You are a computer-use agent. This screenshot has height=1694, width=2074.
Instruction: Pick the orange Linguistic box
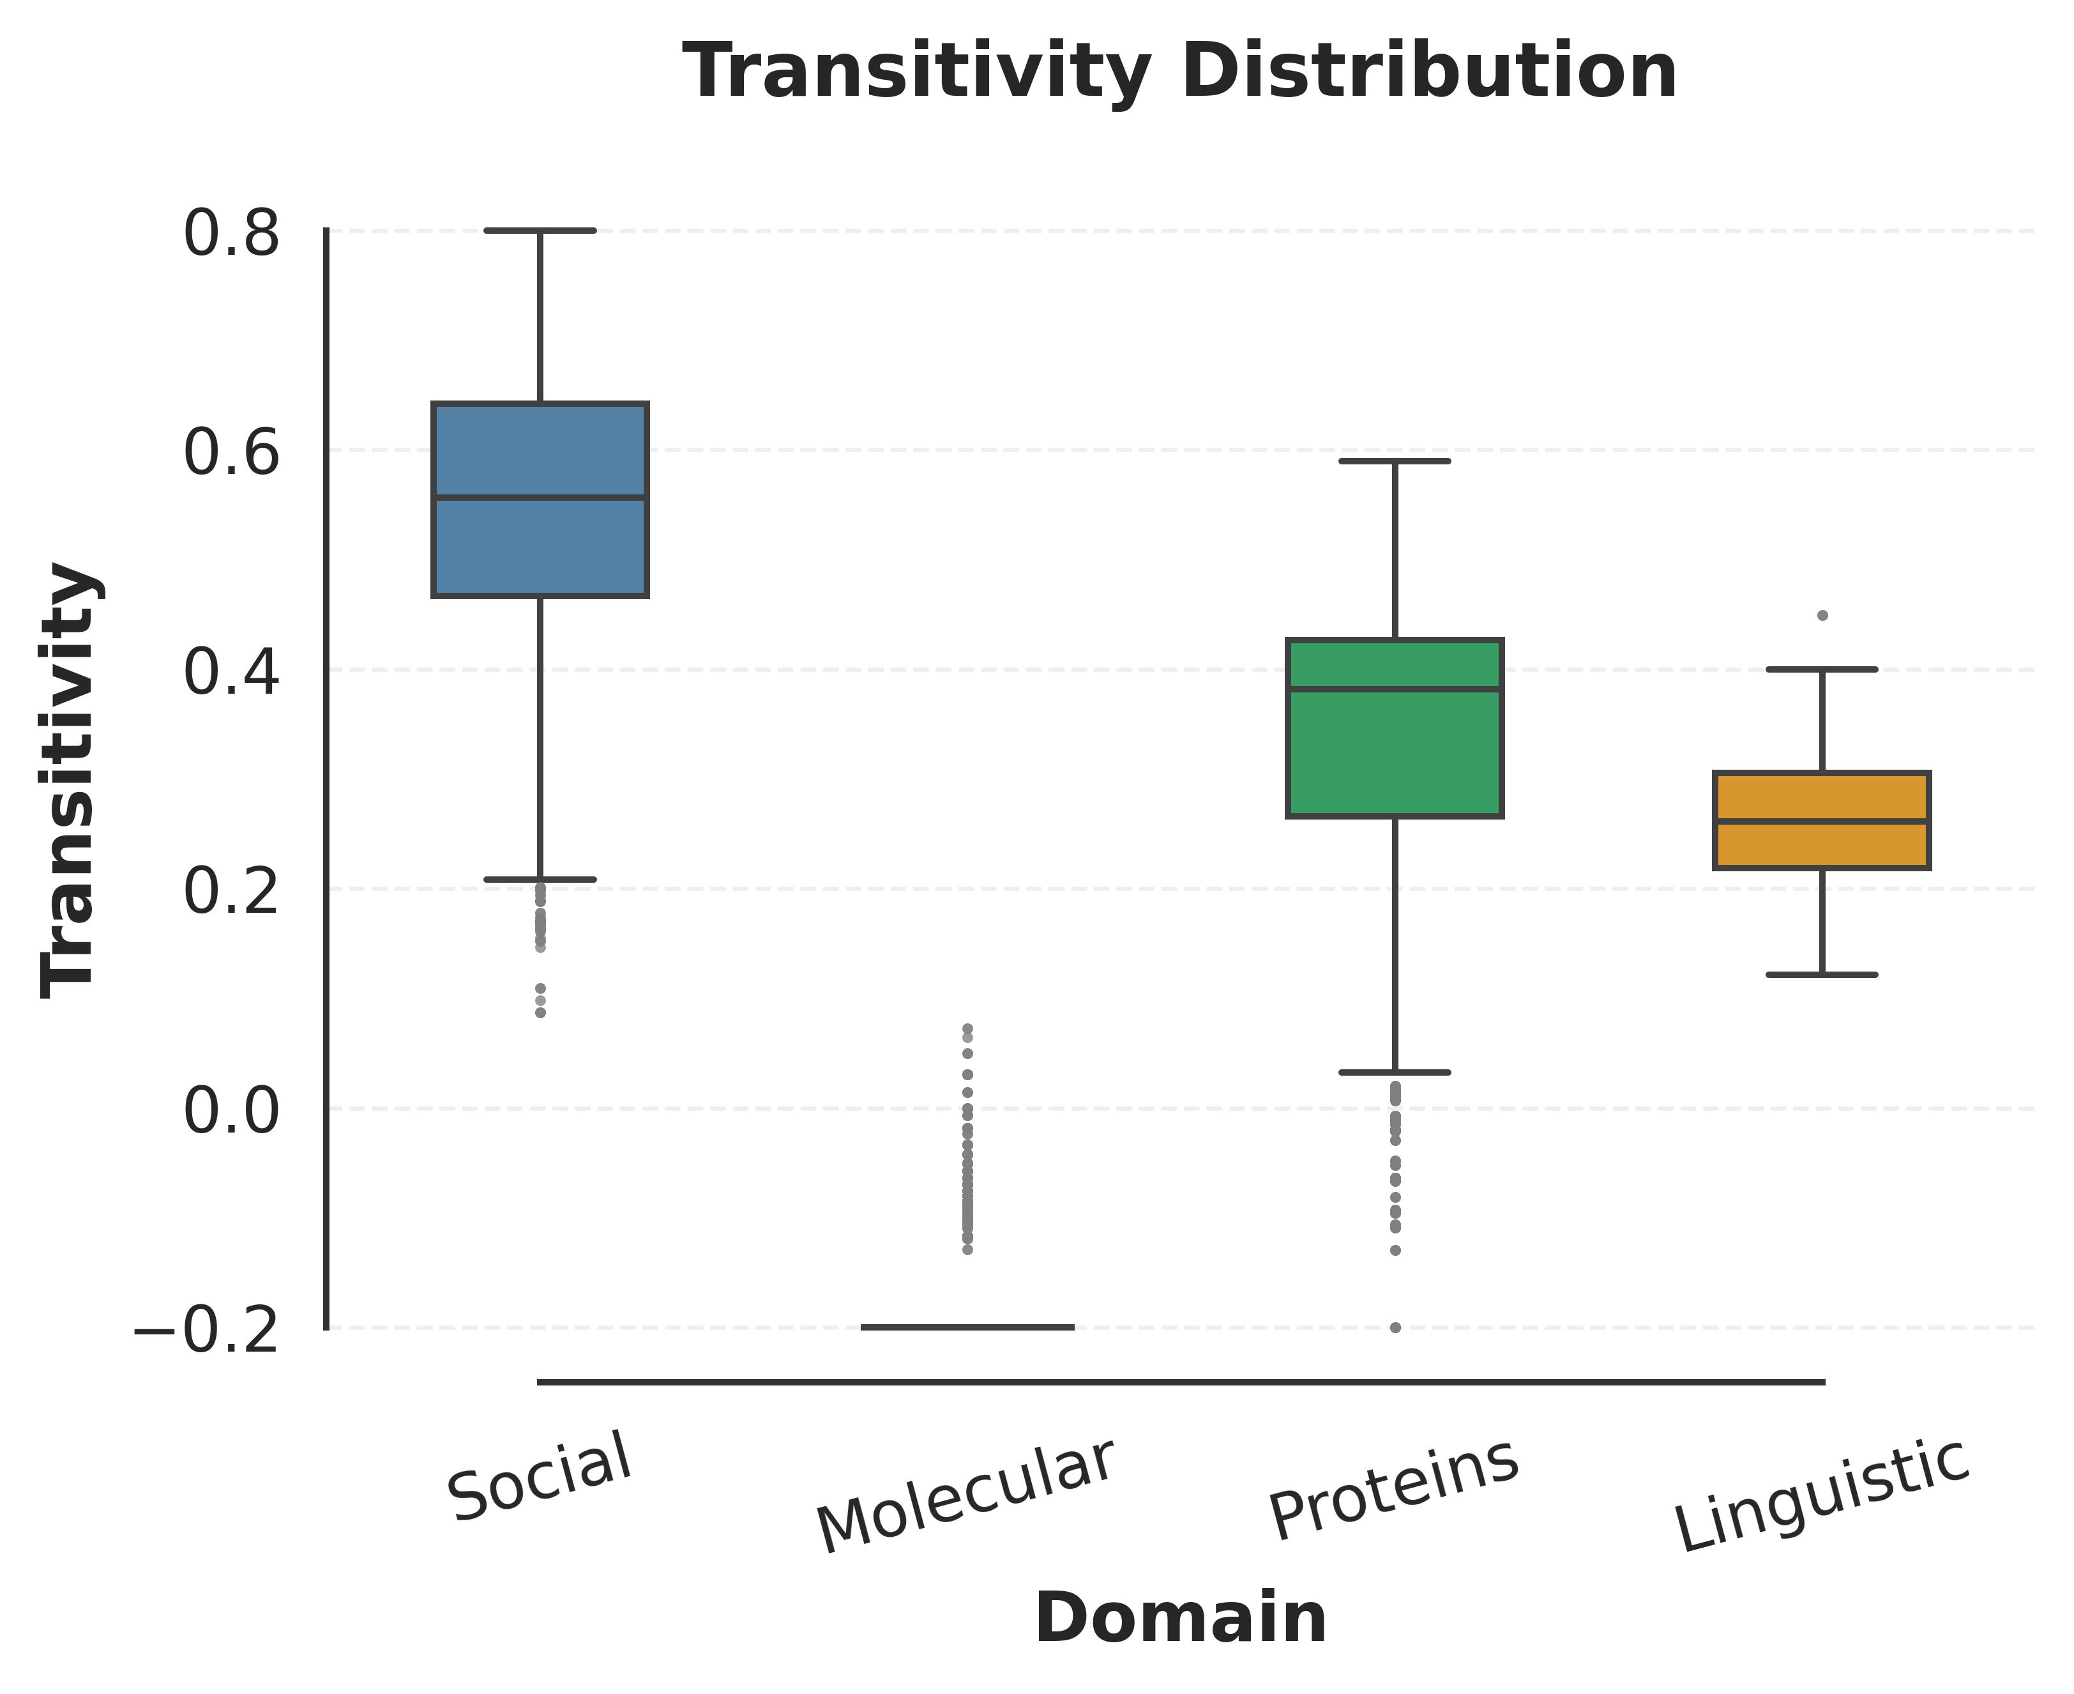coord(1821,844)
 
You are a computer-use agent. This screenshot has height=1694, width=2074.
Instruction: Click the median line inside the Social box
coord(540,498)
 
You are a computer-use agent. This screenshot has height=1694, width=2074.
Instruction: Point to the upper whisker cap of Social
coord(540,231)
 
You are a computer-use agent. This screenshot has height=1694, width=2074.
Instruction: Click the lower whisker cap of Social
coord(540,879)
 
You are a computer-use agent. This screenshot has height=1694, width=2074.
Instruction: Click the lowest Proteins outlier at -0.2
coord(1395,1327)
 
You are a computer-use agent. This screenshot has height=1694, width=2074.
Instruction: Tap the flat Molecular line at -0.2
coord(967,1327)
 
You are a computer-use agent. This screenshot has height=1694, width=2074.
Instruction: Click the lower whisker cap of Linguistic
coord(1821,974)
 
